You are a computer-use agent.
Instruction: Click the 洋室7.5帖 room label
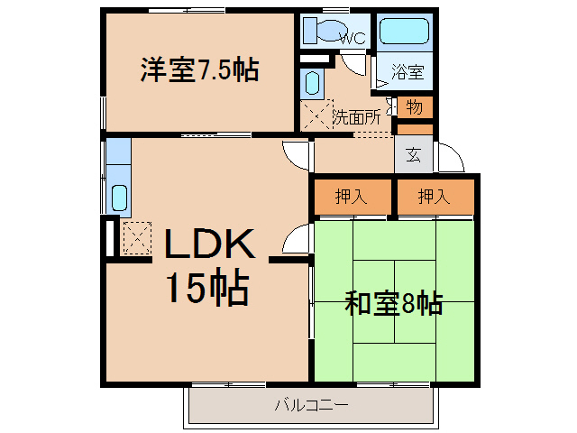(199, 69)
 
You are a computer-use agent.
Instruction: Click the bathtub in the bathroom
(404, 31)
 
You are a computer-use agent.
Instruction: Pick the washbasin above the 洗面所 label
(312, 85)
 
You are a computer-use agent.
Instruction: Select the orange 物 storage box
(414, 107)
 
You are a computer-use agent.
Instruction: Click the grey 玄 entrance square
(413, 154)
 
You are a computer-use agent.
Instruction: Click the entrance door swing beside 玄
(448, 160)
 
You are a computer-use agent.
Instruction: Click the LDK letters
(210, 244)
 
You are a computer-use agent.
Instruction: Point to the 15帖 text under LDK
(206, 289)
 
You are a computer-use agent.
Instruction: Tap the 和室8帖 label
(393, 303)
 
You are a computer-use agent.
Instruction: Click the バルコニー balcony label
(311, 405)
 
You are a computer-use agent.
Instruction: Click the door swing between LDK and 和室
(294, 241)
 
